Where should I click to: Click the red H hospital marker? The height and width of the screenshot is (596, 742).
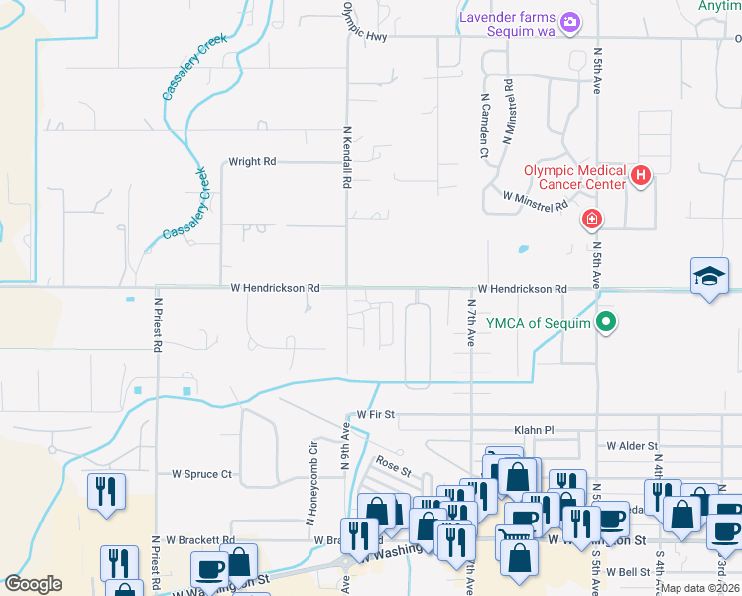(x=641, y=177)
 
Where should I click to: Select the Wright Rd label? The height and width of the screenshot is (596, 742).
(x=252, y=161)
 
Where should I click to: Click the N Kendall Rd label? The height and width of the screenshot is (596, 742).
(x=348, y=158)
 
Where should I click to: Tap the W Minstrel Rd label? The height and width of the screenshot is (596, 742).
(x=535, y=201)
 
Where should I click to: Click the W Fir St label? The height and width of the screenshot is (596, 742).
(x=376, y=413)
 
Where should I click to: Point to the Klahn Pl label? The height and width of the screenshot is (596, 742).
(x=534, y=430)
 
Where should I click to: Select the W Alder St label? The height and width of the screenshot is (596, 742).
(x=632, y=447)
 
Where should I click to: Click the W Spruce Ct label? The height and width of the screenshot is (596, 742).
(x=201, y=475)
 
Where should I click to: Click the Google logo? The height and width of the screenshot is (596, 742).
(x=33, y=584)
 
